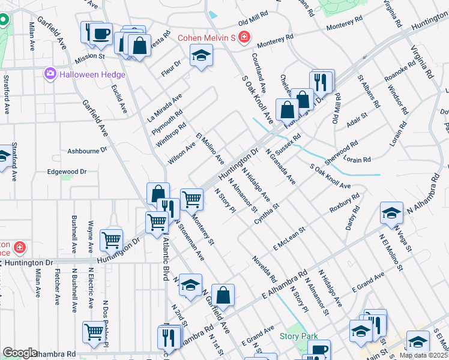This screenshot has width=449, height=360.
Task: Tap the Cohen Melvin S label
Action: pos(205,38)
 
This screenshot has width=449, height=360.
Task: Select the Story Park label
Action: pos(298,337)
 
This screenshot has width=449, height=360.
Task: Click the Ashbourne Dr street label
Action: pos(86,150)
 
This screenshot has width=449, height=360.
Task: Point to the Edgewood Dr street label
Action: pos(67,172)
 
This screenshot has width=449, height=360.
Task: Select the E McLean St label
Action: pos(289,238)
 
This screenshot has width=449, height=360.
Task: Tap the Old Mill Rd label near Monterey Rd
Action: pos(252,21)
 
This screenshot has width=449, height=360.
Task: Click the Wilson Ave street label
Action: pos(182,152)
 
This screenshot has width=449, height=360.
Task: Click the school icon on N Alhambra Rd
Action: pos(391,214)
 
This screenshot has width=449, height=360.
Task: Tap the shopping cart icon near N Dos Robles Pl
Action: pos(94,332)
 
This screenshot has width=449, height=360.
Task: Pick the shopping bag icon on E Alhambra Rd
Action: pos(223,295)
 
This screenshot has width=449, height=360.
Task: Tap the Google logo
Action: pos(20,353)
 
